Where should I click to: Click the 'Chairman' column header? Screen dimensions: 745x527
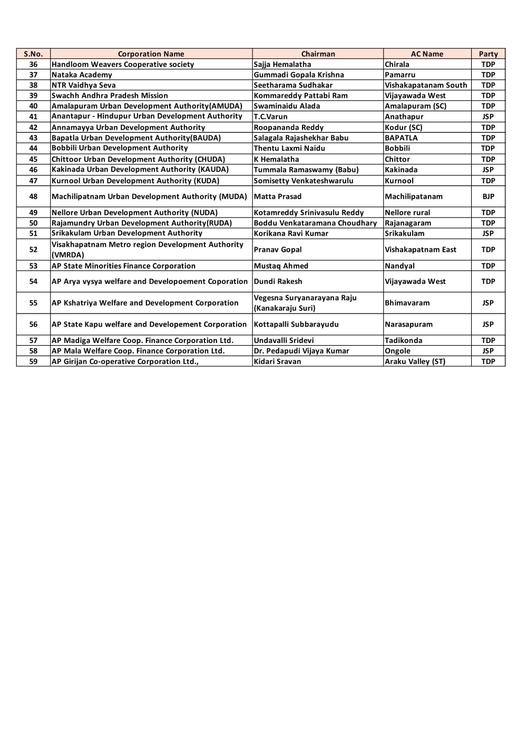pyautogui.click(x=318, y=54)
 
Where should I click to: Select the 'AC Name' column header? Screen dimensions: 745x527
pyautogui.click(x=427, y=54)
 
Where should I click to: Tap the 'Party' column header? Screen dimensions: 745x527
pyautogui.click(x=488, y=54)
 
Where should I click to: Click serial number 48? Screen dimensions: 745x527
pyautogui.click(x=33, y=197)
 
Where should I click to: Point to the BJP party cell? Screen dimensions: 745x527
pyautogui.click(x=488, y=197)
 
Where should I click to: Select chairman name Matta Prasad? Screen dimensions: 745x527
pyautogui.click(x=278, y=197)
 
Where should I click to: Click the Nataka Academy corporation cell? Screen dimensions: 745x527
pyautogui.click(x=82, y=75)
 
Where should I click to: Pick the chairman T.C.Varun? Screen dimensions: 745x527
pyautogui.click(x=270, y=116)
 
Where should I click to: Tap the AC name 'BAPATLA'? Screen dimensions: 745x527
pyautogui.click(x=401, y=138)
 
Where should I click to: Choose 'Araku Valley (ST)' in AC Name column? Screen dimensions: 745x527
pyautogui.click(x=415, y=361)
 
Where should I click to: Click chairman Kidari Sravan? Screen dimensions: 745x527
pyautogui.click(x=277, y=361)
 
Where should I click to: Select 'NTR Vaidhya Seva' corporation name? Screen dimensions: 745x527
pyautogui.click(x=83, y=85)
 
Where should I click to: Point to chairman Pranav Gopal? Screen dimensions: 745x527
pyautogui.click(x=278, y=250)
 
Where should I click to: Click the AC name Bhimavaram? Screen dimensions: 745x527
pyautogui.click(x=407, y=303)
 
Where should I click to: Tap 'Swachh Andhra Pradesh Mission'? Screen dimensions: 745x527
pyautogui.click(x=110, y=95)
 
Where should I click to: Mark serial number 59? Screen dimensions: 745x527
pyautogui.click(x=33, y=361)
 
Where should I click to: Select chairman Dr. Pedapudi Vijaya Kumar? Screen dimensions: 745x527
pyautogui.click(x=301, y=351)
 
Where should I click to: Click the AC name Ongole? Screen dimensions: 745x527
pyautogui.click(x=397, y=351)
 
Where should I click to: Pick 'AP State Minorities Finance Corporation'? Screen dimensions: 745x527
pyautogui.click(x=123, y=266)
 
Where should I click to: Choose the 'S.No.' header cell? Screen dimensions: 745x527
pyautogui.click(x=33, y=54)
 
